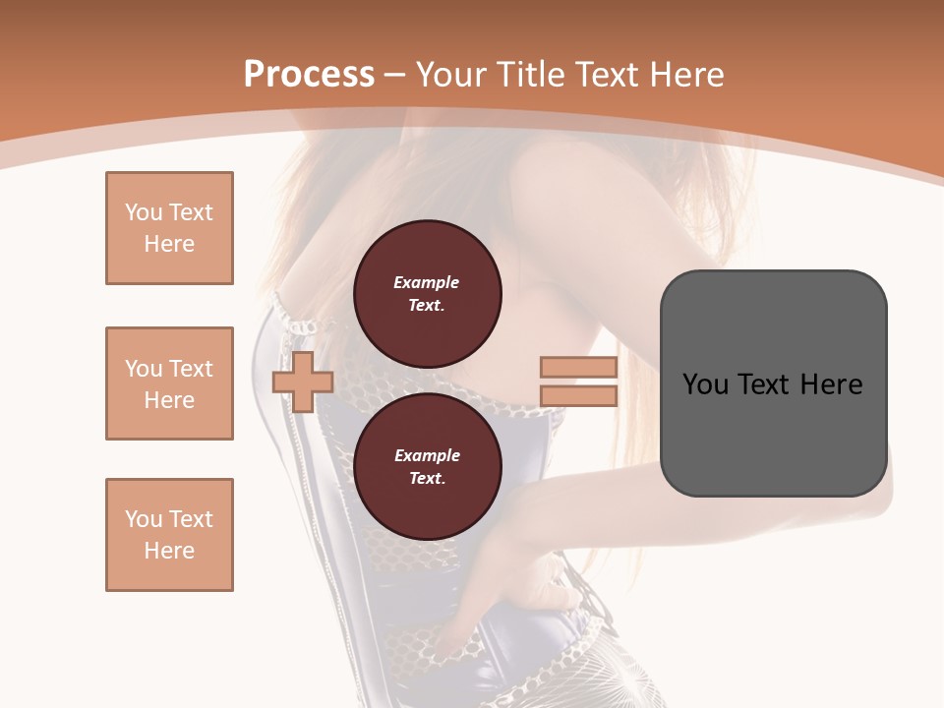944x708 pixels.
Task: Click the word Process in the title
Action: point(309,75)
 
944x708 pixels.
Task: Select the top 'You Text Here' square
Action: point(169,228)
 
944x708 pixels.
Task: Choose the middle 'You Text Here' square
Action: point(169,383)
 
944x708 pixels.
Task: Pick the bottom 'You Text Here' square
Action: point(169,535)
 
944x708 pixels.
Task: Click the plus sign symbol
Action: point(302,383)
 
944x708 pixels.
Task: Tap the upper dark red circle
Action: point(428,294)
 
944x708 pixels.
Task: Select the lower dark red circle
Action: point(428,467)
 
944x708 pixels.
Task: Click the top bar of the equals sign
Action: point(578,368)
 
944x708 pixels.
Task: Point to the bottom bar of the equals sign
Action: point(578,395)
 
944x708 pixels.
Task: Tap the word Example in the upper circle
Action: point(427,282)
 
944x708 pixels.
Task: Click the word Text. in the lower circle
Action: point(427,479)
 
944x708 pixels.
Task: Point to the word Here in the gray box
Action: point(831,384)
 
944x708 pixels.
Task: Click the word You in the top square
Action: point(144,212)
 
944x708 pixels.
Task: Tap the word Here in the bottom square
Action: point(169,551)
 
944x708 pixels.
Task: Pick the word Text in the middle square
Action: point(191,369)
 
